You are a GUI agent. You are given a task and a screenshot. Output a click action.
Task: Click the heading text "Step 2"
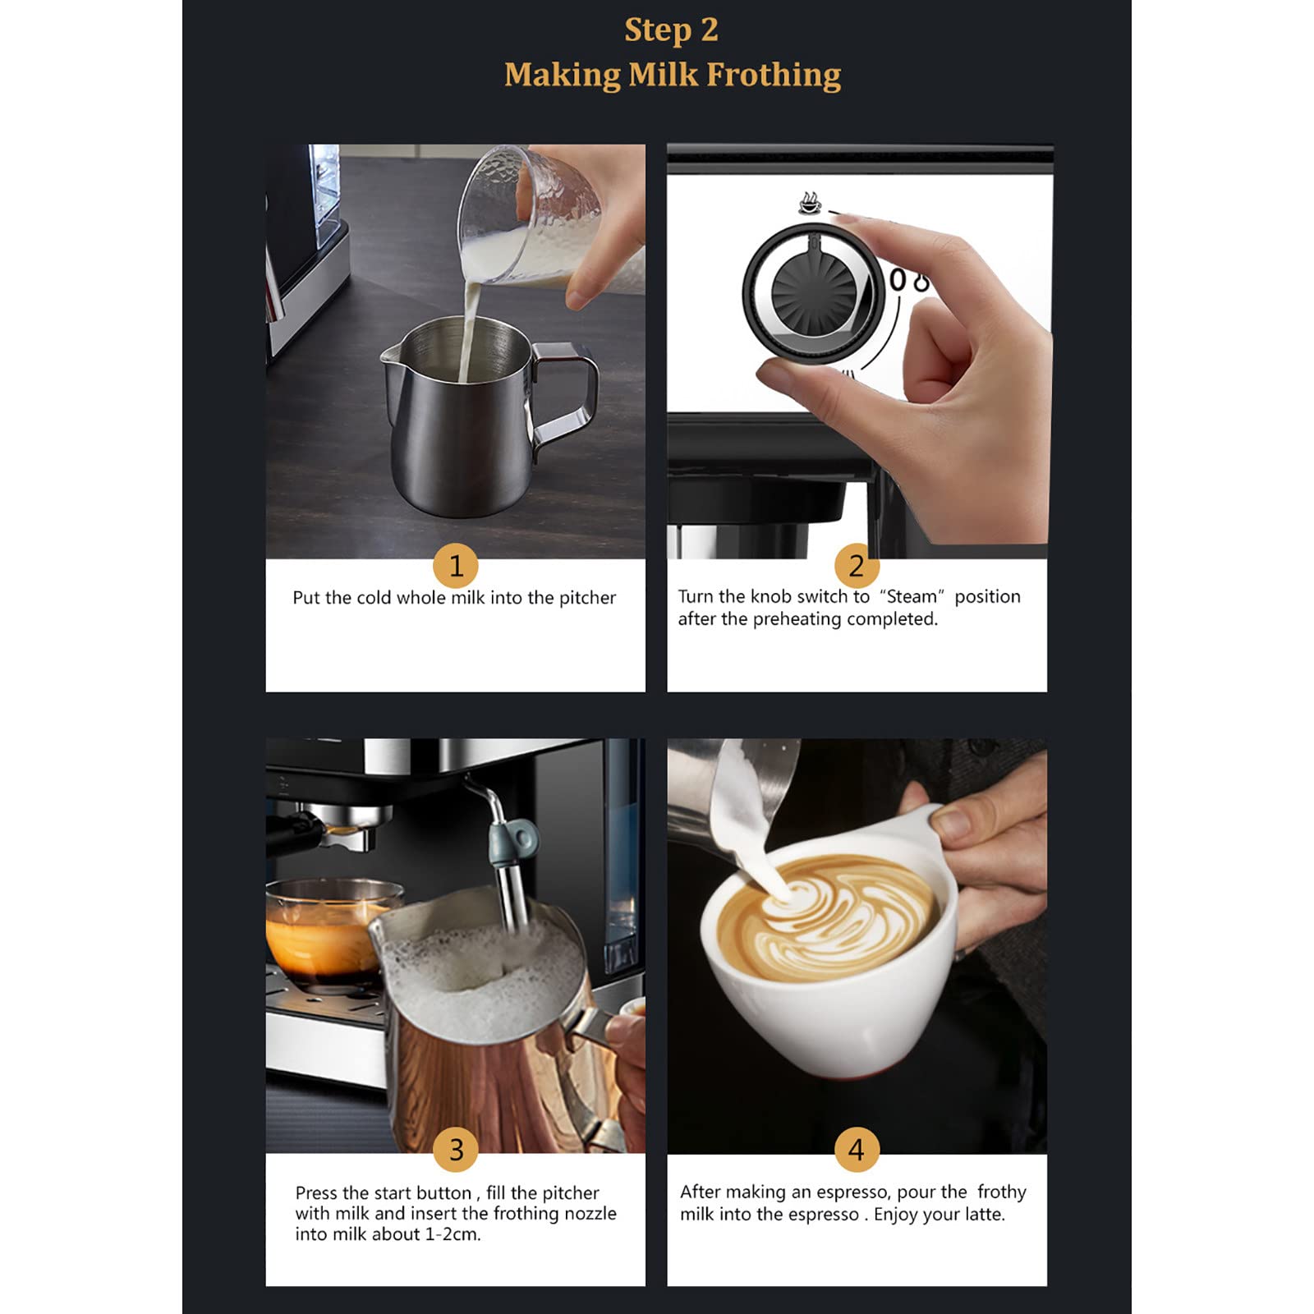coord(671,30)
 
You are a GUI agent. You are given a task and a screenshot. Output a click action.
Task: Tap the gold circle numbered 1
coord(456,565)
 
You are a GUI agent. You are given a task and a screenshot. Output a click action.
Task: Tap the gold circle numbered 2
coord(857,565)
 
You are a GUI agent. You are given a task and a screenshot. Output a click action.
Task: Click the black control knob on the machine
coord(815,293)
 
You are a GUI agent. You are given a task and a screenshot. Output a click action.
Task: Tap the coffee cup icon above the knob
coord(810,203)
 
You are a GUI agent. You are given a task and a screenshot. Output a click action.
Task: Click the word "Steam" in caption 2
coord(911,597)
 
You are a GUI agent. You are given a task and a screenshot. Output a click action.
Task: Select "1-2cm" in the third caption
coord(451,1234)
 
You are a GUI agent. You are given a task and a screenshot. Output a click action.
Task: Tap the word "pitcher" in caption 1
coord(587,599)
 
